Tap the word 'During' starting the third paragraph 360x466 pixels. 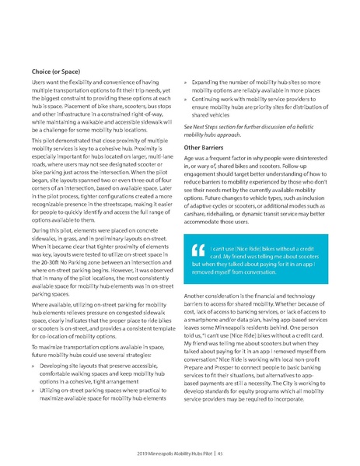click(x=41, y=233)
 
